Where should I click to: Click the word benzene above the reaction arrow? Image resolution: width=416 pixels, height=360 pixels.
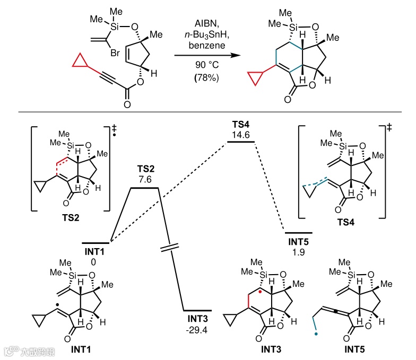click(204, 47)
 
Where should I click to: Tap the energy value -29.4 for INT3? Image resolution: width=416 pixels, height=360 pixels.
click(197, 329)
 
